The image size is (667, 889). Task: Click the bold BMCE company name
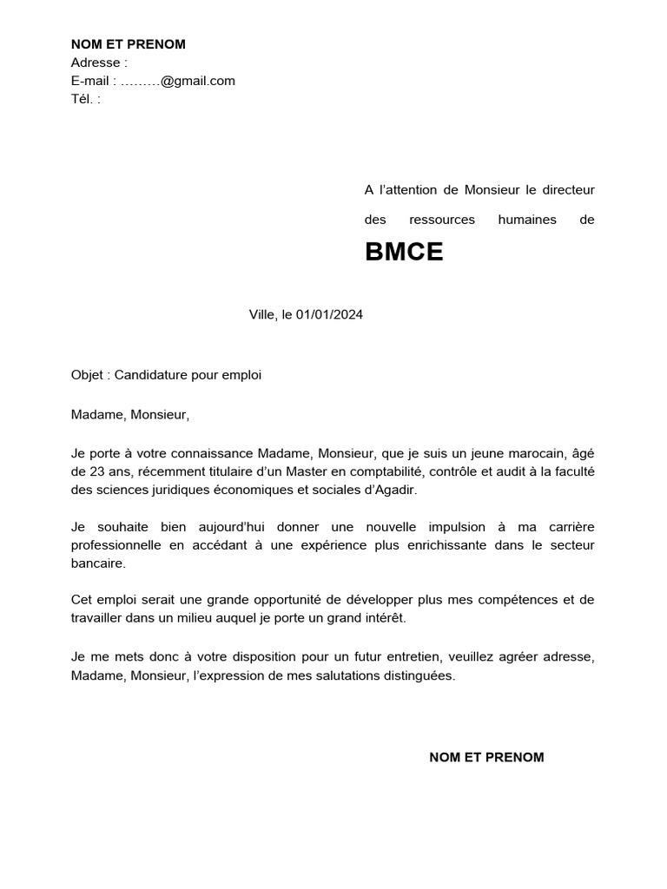(x=404, y=253)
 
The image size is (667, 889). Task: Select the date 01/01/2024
(x=329, y=315)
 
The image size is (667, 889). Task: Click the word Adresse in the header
(x=96, y=63)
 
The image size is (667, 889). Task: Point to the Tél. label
(x=83, y=99)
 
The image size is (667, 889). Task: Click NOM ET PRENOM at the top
(x=128, y=44)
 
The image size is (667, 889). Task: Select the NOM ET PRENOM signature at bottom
(x=486, y=757)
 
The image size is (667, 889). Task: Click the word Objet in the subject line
(x=89, y=375)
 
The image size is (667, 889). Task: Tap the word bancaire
(x=98, y=563)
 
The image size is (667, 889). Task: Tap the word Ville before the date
(x=261, y=315)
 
